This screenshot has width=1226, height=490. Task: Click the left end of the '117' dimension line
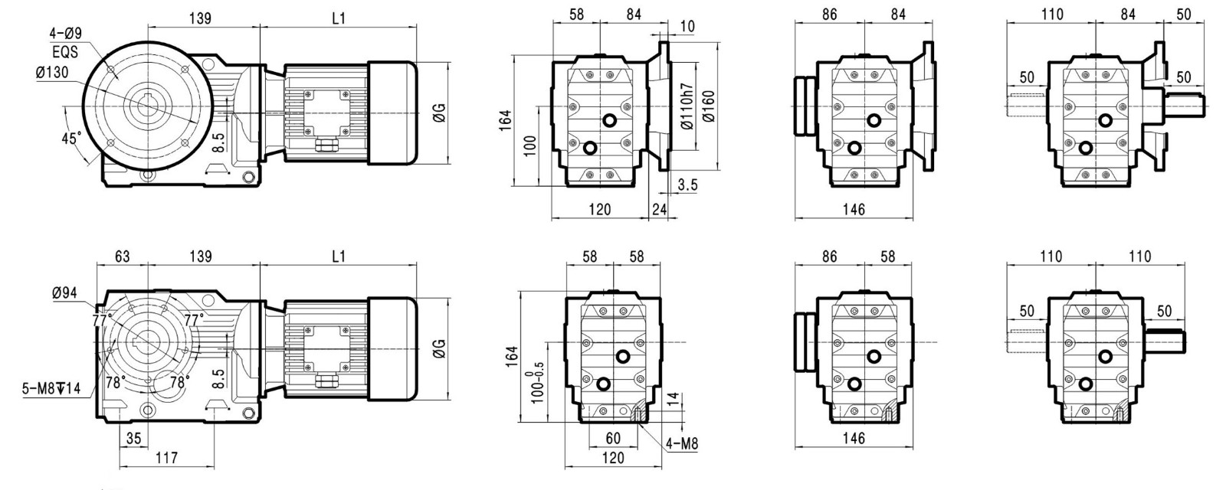tap(120, 466)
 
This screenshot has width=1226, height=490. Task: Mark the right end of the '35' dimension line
tap(149, 447)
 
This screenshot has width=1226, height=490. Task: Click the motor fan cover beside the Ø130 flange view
tap(392, 113)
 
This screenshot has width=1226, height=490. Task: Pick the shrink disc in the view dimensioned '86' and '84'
tap(805, 106)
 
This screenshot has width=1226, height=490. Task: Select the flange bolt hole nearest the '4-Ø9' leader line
tap(112, 70)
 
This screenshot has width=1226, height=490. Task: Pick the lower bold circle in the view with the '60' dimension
tap(604, 384)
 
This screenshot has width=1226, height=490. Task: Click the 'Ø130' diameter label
tap(53, 72)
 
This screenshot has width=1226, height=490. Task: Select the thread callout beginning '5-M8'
tap(51, 389)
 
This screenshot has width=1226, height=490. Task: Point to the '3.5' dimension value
tap(687, 185)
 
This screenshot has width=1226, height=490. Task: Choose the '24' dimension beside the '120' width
tap(660, 209)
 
